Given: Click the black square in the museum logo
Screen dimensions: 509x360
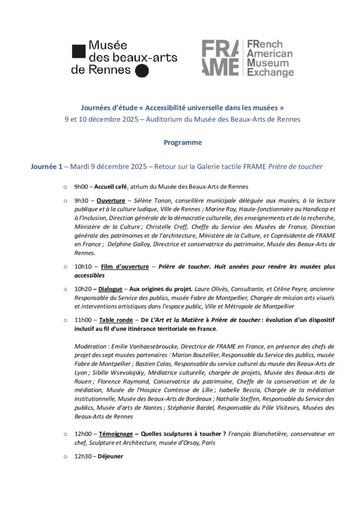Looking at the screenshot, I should click(79, 51).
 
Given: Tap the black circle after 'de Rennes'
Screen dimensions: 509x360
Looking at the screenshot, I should click(142, 71).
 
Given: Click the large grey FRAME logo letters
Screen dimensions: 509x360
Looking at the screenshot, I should click(220, 58).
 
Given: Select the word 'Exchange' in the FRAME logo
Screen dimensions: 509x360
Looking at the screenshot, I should click(270, 73).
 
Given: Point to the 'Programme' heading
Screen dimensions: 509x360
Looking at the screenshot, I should click(183, 143).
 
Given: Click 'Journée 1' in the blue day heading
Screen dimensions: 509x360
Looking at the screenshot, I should click(47, 167).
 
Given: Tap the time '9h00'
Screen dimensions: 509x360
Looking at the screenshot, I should click(82, 187).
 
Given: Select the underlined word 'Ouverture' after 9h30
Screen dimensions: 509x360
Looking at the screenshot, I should click(110, 201).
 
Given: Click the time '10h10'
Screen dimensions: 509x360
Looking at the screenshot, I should click(83, 267).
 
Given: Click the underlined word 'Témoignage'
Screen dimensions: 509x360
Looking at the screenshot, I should click(116, 434).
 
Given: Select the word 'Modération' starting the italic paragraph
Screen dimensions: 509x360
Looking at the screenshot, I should click(89, 346).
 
